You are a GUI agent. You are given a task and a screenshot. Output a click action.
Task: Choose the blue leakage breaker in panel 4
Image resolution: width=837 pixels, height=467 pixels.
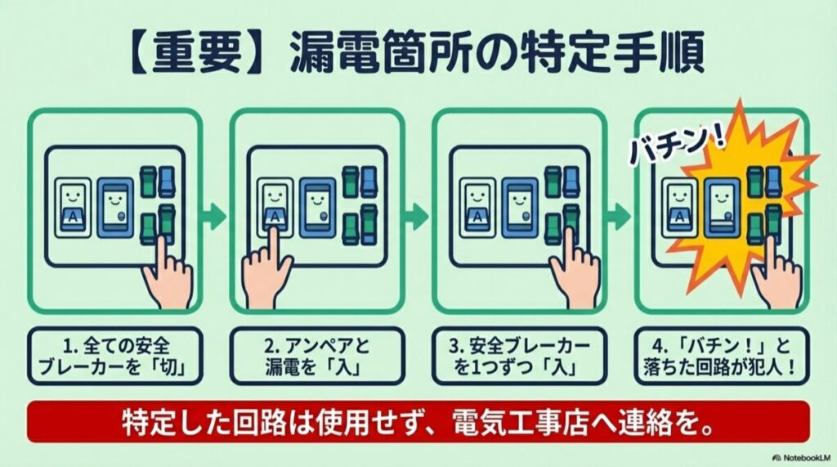721,208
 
